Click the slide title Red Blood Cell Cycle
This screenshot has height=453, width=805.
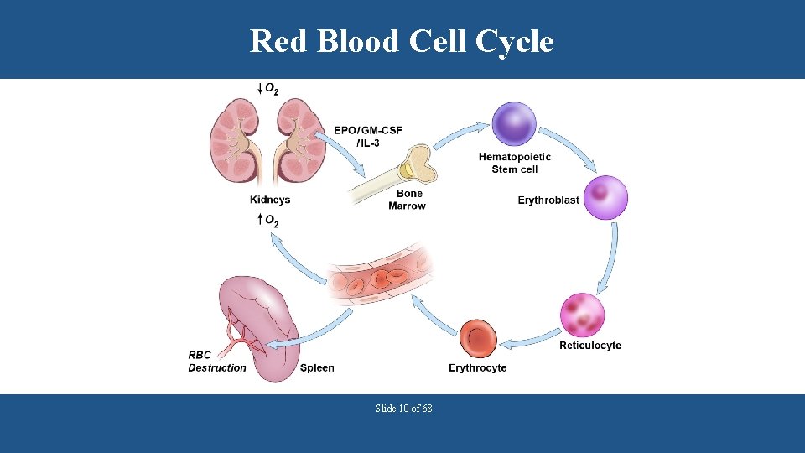[402, 40]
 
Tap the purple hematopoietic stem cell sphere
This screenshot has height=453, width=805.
[513, 124]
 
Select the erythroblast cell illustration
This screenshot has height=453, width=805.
[605, 197]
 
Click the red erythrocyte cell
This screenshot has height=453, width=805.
[479, 340]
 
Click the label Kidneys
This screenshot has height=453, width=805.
[270, 200]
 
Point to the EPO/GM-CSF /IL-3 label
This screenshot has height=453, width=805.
[367, 136]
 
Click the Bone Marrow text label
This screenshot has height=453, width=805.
[407, 200]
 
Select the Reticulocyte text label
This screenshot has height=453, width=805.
[590, 346]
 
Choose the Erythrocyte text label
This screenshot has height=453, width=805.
[477, 368]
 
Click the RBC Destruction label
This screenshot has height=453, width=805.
[216, 362]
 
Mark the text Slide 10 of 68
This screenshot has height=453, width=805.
[403, 409]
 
